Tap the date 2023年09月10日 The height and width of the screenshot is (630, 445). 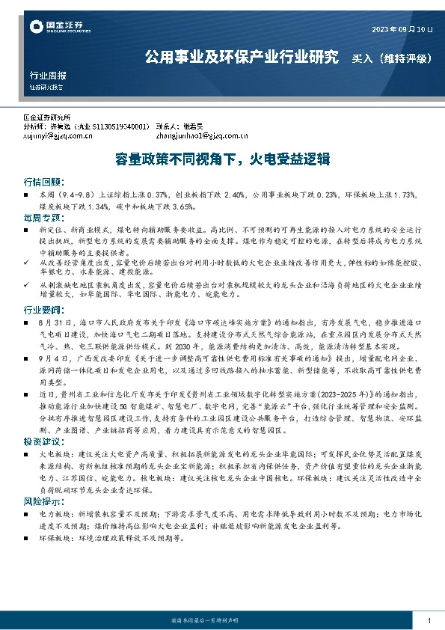pyautogui.click(x=402, y=29)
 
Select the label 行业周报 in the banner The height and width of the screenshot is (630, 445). pyautogui.click(x=48, y=76)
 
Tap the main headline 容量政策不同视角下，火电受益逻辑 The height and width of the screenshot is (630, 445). pyautogui.click(x=221, y=159)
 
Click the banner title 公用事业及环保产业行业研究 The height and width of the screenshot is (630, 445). pyautogui.click(x=242, y=57)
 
